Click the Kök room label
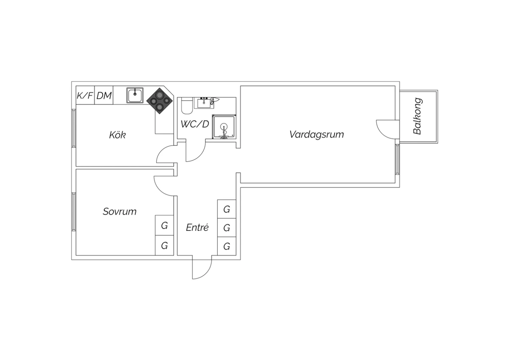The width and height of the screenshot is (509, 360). [117, 135]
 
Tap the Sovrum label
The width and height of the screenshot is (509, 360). [119, 212]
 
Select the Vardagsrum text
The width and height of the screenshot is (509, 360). [317, 134]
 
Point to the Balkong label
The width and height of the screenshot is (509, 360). [417, 116]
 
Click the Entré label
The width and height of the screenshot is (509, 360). [197, 227]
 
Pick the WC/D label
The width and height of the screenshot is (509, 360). [195, 124]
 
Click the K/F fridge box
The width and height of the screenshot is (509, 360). [85, 95]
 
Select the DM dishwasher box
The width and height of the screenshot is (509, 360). [104, 95]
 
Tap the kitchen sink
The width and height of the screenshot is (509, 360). [135, 95]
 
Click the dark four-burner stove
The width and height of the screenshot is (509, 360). [159, 101]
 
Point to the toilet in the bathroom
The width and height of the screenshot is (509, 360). [187, 106]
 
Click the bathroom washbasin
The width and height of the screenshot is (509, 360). [204, 103]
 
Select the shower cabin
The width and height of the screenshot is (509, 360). [224, 127]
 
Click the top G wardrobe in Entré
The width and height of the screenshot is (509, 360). [227, 209]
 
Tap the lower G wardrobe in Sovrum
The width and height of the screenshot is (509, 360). [164, 246]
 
